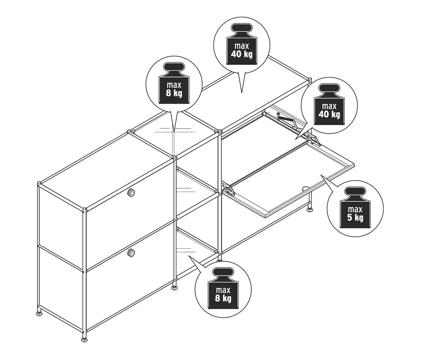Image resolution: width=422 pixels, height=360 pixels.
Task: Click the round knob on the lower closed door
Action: pos(132,253)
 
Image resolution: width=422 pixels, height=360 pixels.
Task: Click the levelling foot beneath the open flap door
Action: pos(310,210)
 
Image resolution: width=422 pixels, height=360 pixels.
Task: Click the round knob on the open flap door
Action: pos(306,189)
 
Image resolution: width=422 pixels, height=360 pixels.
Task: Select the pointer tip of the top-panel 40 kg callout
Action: pos(242,91)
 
